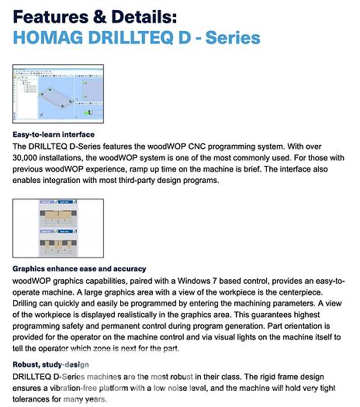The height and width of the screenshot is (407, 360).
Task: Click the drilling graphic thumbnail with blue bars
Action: pos(58,229)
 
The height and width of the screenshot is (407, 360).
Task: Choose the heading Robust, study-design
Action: pos(50,364)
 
